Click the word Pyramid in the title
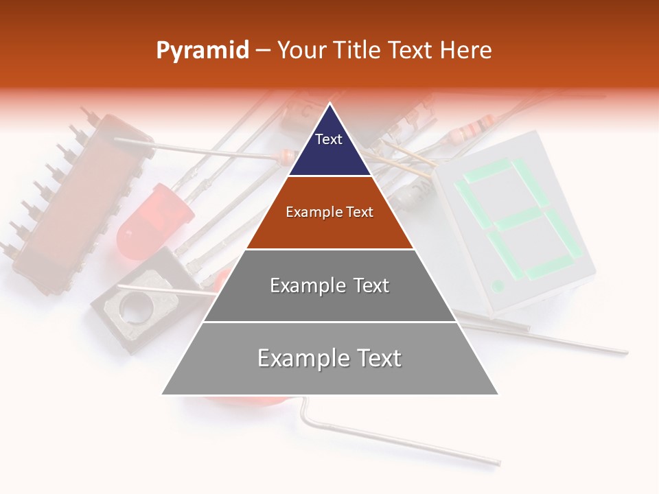(x=203, y=51)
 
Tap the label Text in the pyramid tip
(x=329, y=139)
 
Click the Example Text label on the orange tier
(x=329, y=212)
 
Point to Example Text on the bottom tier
(x=329, y=358)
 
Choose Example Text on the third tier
(x=329, y=285)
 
